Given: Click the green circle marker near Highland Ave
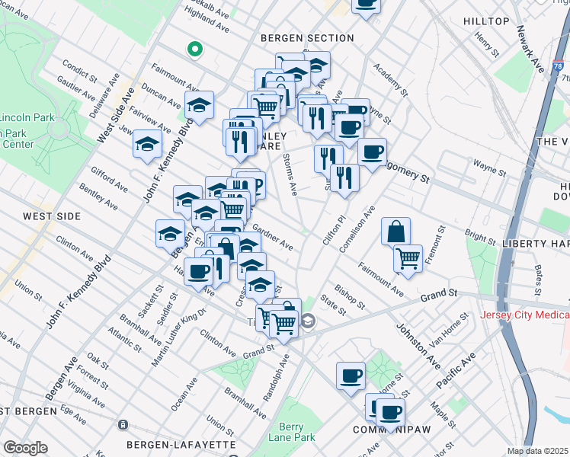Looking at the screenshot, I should coord(194,50).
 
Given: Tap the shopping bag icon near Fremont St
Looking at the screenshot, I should coord(395,232).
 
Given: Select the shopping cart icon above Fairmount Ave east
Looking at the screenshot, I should coord(408,259).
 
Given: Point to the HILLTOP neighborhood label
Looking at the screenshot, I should coord(485,21).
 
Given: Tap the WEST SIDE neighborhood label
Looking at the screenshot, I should coord(52,216).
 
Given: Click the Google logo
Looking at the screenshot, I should coord(26,447).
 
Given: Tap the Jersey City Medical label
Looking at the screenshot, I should coord(524,315).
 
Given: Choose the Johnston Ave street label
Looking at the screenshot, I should coord(418,344).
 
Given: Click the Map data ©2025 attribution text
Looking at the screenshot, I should coord(537,451).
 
